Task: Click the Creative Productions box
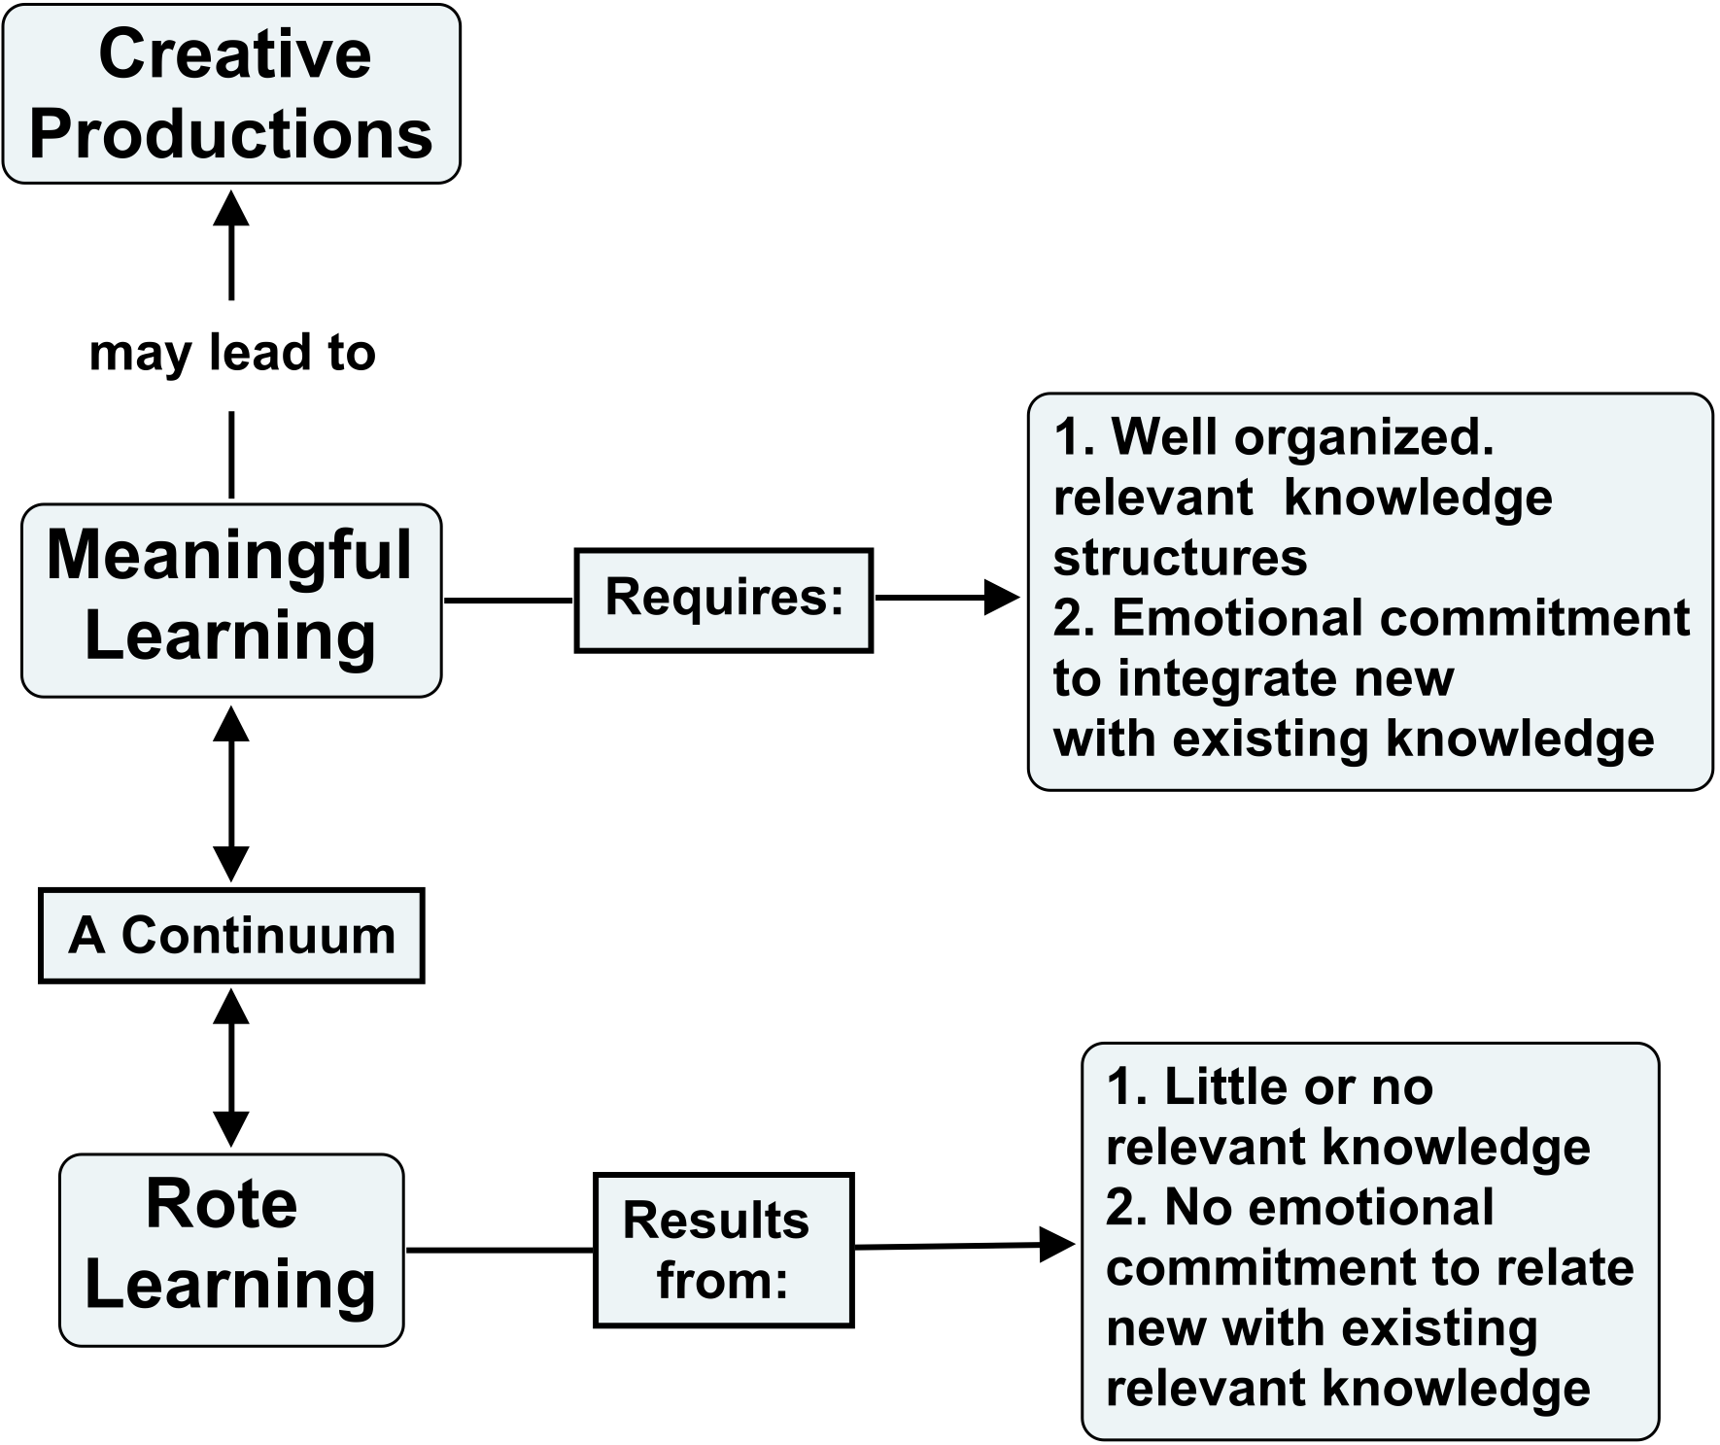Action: (x=231, y=93)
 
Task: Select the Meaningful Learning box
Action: (x=231, y=599)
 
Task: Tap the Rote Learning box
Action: (x=231, y=1249)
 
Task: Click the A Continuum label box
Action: (x=231, y=935)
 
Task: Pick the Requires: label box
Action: (x=723, y=599)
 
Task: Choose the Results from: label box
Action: (x=723, y=1249)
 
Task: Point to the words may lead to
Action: (x=232, y=352)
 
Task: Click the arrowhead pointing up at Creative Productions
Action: (x=231, y=208)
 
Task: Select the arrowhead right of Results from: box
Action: (x=1056, y=1244)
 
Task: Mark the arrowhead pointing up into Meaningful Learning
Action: (x=231, y=723)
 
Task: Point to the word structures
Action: (x=1180, y=558)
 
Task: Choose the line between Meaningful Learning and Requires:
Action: (x=508, y=600)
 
